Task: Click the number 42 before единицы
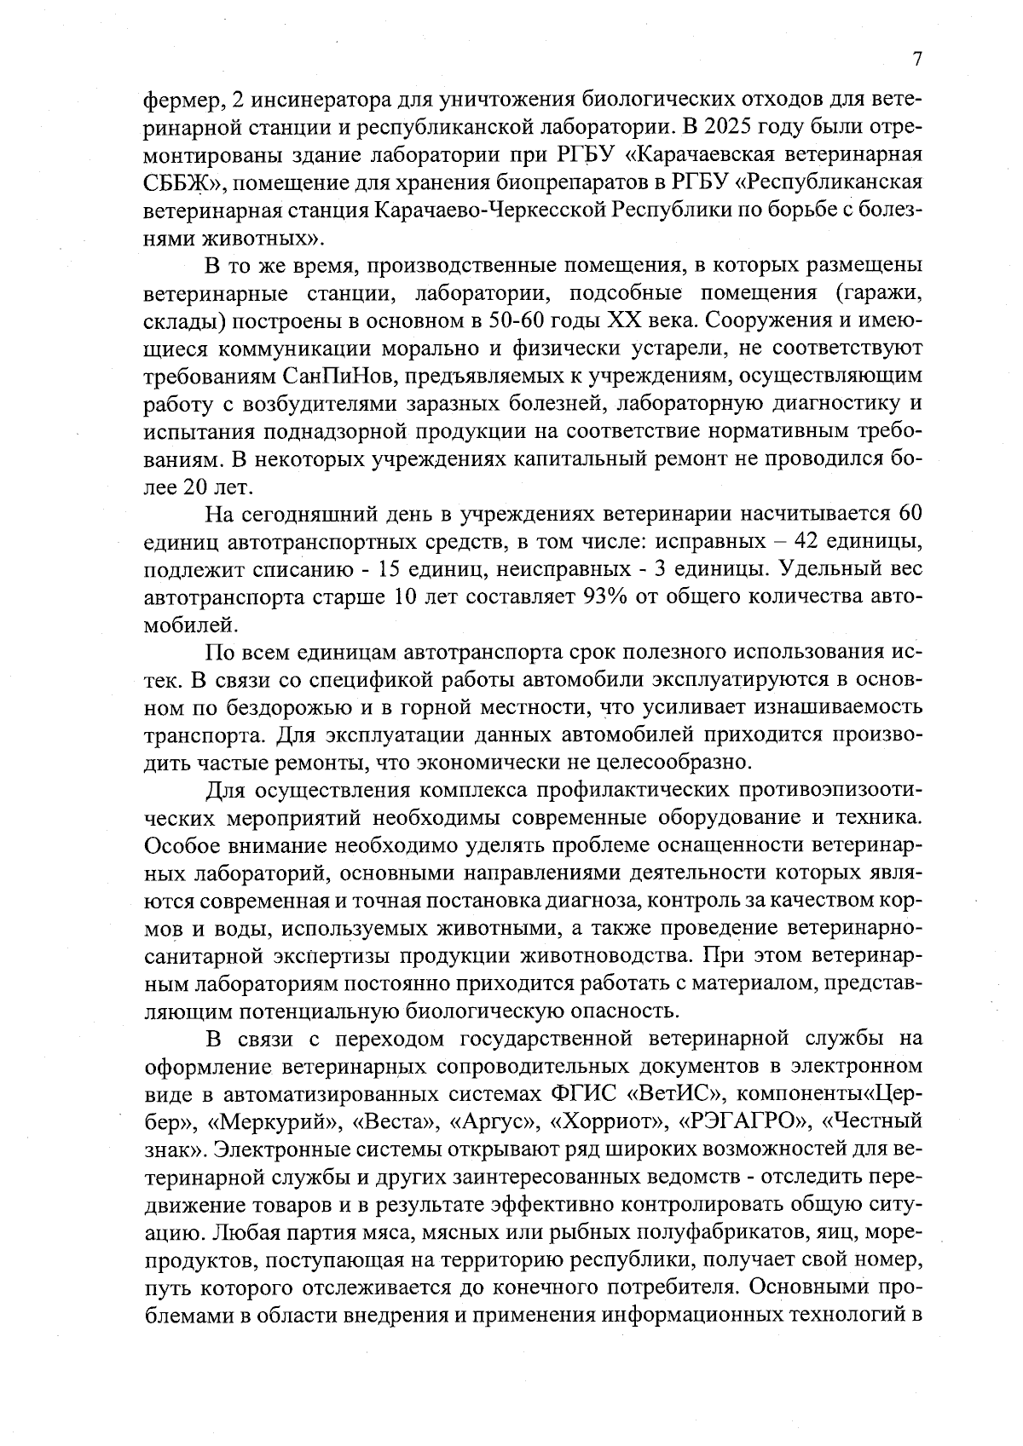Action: coord(811,541)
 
